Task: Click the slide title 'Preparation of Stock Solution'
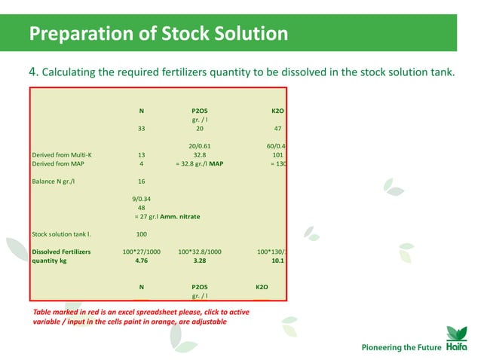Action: click(158, 34)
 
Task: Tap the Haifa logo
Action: click(452, 337)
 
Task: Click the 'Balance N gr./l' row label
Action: click(56, 182)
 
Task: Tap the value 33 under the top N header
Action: click(141, 129)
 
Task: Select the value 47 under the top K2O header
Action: click(277, 129)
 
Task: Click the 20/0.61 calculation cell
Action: click(199, 146)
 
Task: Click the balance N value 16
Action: click(141, 182)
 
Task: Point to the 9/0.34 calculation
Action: click(141, 199)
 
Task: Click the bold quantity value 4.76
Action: click(141, 261)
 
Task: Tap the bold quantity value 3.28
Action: click(199, 261)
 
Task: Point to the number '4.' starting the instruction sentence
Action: click(33, 72)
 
